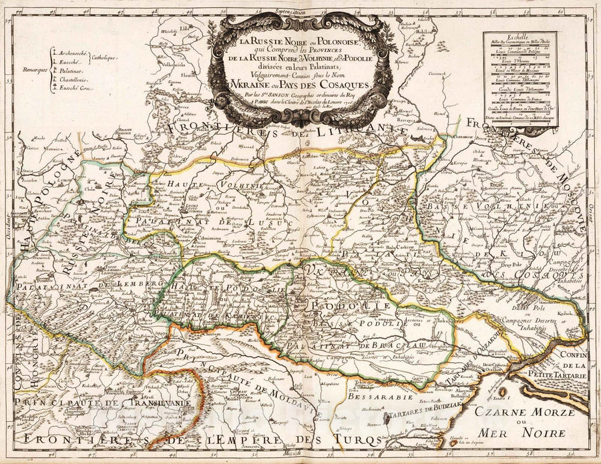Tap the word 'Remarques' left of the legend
coord(34,68)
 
